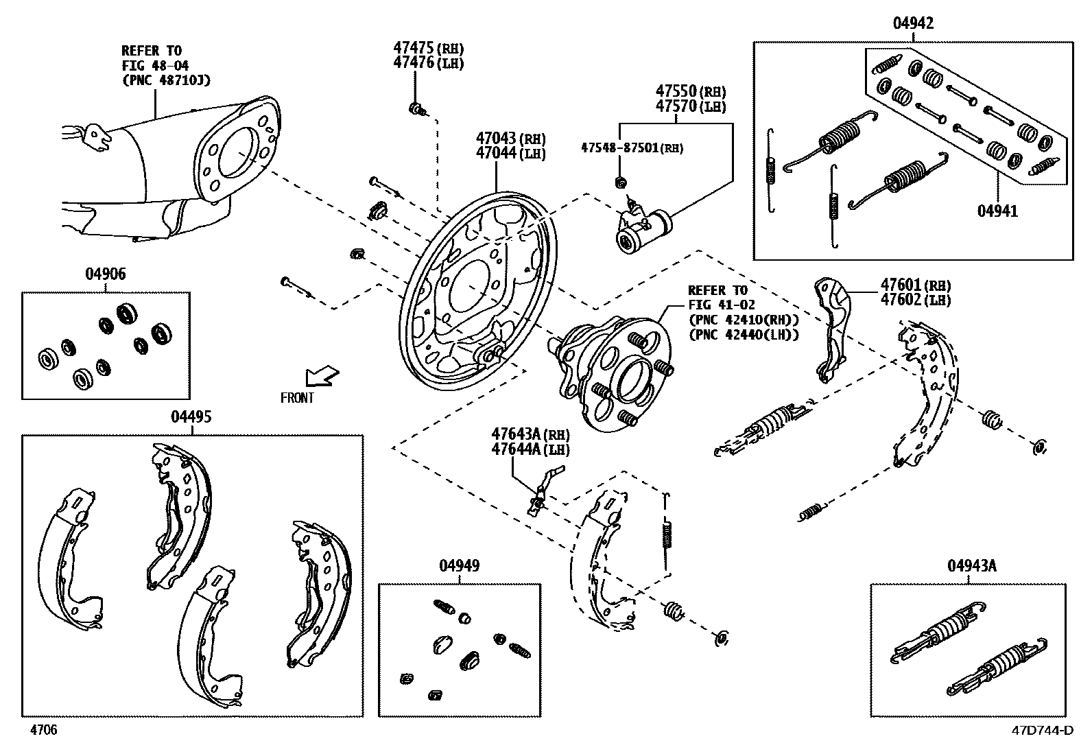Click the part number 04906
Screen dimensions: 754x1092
105,274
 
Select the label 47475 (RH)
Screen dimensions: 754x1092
428,48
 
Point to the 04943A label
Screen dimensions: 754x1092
971,565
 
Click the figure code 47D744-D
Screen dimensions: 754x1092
1042,731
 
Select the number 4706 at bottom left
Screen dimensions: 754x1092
43,730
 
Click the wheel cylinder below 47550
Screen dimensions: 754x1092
643,230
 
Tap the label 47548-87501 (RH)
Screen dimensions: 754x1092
632,148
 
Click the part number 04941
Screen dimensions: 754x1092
997,211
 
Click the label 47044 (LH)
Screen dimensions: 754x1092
510,154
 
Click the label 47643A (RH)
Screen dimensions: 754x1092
530,434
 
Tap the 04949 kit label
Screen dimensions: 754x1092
459,565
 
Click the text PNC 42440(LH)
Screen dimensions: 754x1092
744,335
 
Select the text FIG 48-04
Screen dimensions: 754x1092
154,66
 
